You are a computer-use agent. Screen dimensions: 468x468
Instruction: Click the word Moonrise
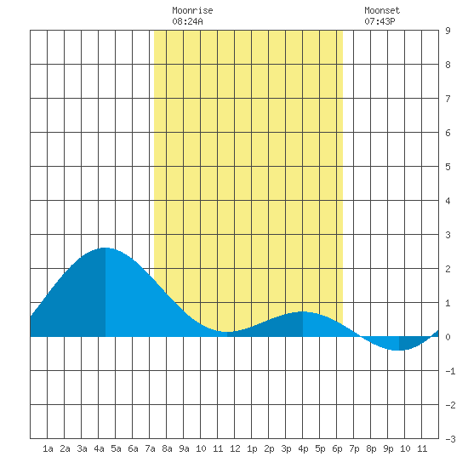pyautogui.click(x=192, y=10)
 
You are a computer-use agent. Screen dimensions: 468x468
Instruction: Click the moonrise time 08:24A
pyautogui.click(x=187, y=21)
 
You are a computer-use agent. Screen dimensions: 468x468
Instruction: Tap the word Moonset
pyautogui.click(x=382, y=10)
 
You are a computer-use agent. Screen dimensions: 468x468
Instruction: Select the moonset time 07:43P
pyautogui.click(x=380, y=21)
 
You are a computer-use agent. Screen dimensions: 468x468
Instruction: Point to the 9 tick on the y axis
pyautogui.click(x=448, y=31)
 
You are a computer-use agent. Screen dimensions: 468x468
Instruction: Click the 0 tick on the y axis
pyautogui.click(x=448, y=337)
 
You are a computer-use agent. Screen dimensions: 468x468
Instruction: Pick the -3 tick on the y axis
pyautogui.click(x=450, y=439)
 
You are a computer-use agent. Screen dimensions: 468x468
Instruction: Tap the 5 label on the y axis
pyautogui.click(x=448, y=167)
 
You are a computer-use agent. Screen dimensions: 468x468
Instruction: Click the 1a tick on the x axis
pyautogui.click(x=48, y=448)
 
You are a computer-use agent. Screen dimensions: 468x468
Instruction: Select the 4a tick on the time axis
pyautogui.click(x=99, y=448)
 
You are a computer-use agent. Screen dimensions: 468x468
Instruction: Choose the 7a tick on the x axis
pyautogui.click(x=150, y=448)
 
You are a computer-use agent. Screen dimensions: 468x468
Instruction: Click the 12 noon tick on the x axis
pyautogui.click(x=235, y=448)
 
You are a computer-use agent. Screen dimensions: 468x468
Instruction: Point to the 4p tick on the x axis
pyautogui.click(x=303, y=448)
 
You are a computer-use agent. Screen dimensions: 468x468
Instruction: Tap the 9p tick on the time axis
pyautogui.click(x=388, y=448)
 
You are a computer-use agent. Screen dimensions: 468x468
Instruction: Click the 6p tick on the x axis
pyautogui.click(x=337, y=448)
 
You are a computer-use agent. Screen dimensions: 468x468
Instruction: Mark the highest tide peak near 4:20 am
pyautogui.click(x=105, y=248)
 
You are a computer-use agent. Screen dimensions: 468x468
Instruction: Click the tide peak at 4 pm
pyautogui.click(x=303, y=311)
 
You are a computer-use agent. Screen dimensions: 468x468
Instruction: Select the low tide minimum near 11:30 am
pyautogui.click(x=227, y=332)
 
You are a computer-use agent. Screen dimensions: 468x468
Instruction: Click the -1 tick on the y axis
pyautogui.click(x=450, y=371)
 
